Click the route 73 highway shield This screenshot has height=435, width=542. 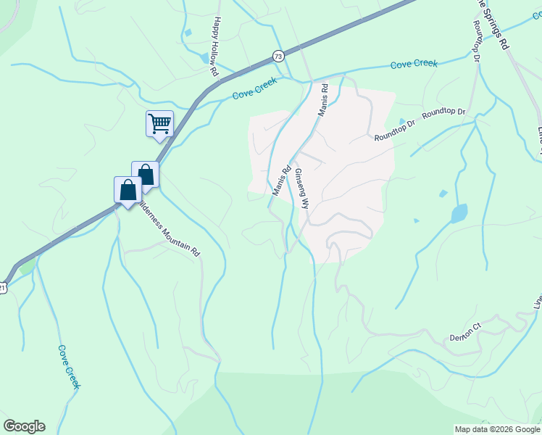[278, 56]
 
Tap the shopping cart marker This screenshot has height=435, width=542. [159, 123]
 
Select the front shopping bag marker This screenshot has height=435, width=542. [128, 190]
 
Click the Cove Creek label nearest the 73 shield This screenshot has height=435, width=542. [254, 90]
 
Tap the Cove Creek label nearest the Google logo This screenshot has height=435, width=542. [68, 366]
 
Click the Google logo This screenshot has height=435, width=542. [24, 426]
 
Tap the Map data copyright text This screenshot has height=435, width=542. [496, 429]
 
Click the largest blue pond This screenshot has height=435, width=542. [459, 214]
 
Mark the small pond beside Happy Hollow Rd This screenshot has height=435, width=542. [188, 33]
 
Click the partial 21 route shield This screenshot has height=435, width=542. [3, 288]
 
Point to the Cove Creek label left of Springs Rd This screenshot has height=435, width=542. [414, 65]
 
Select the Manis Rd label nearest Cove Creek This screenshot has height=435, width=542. [322, 101]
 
